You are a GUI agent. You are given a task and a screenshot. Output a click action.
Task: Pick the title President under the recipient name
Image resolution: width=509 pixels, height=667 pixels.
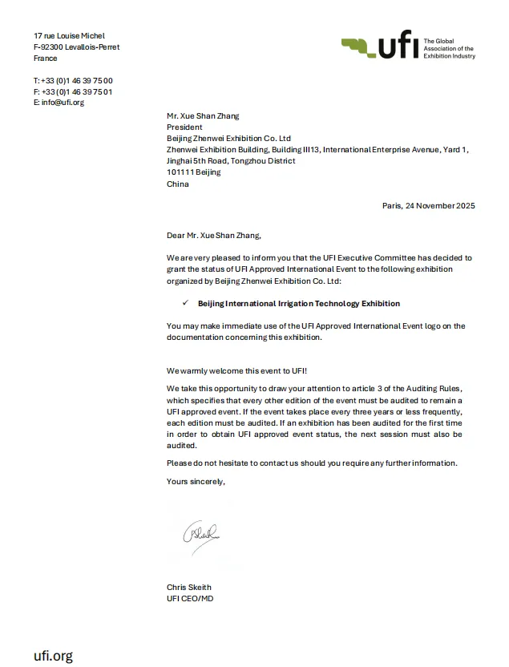point(184,127)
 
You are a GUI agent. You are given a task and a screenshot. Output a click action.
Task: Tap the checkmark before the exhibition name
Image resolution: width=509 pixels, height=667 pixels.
point(185,303)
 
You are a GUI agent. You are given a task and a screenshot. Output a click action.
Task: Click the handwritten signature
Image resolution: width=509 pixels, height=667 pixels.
point(200,532)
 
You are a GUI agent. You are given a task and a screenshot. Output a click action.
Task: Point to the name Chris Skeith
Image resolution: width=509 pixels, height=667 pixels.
point(189,587)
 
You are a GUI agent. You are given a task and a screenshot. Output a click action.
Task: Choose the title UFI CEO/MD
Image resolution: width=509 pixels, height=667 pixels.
point(190,598)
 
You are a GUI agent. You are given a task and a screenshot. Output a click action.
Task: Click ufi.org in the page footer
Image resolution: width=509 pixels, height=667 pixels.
point(53,656)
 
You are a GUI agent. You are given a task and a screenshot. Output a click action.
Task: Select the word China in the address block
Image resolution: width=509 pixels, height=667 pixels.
point(178,184)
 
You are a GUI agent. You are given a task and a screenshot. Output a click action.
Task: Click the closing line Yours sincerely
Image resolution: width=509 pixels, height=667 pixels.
point(196,481)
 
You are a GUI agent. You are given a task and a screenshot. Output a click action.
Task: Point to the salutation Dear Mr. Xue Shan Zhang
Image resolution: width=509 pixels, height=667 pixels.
point(213,236)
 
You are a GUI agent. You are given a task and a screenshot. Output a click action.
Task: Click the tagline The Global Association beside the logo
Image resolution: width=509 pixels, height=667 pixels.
point(449,48)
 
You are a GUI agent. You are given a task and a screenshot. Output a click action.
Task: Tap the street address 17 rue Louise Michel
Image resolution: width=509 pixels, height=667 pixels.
point(69,36)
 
